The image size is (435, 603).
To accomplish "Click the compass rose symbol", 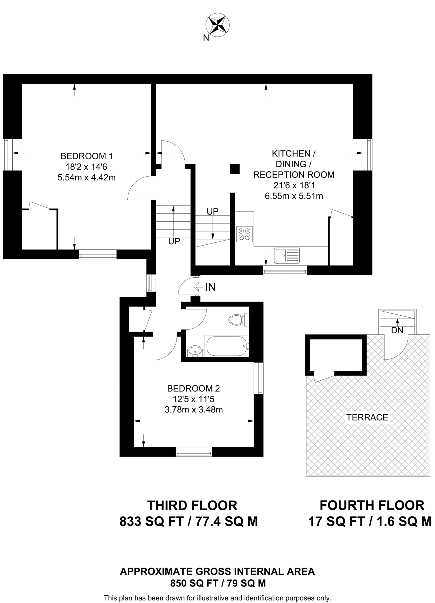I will (218, 25).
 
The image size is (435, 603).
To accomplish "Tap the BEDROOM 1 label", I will (86, 156).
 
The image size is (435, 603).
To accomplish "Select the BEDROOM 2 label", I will (193, 389).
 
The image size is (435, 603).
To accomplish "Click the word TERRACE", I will (367, 417).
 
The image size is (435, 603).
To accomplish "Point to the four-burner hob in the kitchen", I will (244, 234).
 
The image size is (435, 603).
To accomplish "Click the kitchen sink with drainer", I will (287, 255).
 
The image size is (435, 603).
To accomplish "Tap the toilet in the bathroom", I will (237, 319).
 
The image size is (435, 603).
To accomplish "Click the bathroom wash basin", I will (195, 351).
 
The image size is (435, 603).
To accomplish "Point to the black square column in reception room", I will (234, 169).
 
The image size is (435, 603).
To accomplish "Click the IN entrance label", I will (210, 287).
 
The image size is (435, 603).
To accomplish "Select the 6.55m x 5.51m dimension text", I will (294, 196).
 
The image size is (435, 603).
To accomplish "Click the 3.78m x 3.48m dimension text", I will (194, 410).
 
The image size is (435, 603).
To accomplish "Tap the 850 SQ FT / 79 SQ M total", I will (218, 583).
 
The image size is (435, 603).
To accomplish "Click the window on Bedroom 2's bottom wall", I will (194, 452).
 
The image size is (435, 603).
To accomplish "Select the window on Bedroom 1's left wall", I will (8, 155).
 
